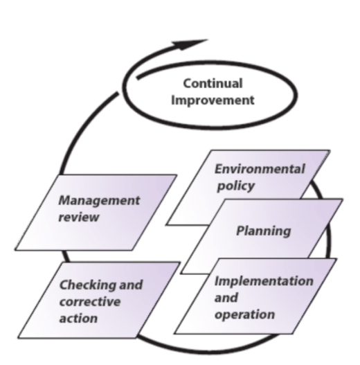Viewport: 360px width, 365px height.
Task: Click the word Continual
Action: pyautogui.click(x=213, y=83)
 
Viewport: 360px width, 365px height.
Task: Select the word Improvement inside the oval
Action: pyautogui.click(x=213, y=100)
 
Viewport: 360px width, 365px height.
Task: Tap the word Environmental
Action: pyautogui.click(x=260, y=169)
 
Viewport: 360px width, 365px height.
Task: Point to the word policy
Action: pyautogui.click(x=235, y=186)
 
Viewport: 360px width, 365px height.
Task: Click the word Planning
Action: pyautogui.click(x=264, y=231)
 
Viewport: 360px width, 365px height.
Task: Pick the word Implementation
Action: pyautogui.click(x=264, y=281)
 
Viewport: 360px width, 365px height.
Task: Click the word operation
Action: pyautogui.click(x=245, y=314)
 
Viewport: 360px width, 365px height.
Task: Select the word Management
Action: pyautogui.click(x=99, y=200)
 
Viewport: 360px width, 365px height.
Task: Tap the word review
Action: pyautogui.click(x=79, y=217)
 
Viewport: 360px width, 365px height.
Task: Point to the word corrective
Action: pyautogui.click(x=90, y=302)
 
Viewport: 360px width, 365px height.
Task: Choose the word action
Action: pyautogui.click(x=78, y=318)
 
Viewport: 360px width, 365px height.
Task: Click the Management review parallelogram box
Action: pyautogui.click(x=96, y=213)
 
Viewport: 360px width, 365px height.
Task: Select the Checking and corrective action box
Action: pyautogui.click(x=99, y=300)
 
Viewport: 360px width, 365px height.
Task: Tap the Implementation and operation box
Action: pyautogui.click(x=255, y=296)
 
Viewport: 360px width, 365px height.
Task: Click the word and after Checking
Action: pyautogui.click(x=131, y=285)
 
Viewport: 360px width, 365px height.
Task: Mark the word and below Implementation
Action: pyautogui.click(x=226, y=298)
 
